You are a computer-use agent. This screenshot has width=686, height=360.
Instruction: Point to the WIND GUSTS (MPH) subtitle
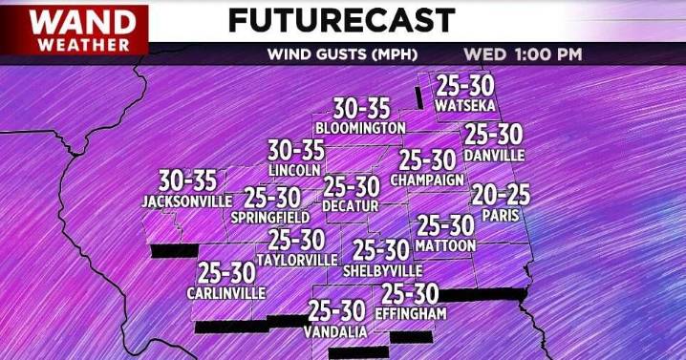pos(332,53)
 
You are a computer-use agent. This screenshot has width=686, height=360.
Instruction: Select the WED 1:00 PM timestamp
pos(523,53)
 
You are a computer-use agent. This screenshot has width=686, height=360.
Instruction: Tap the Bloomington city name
pos(360,127)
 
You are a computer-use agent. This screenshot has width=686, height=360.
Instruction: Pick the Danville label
pos(493,154)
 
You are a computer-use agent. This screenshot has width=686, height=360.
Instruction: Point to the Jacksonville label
pos(186,201)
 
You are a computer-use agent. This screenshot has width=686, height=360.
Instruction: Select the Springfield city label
pos(269,218)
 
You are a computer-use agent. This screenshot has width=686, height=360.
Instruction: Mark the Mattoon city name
pos(445,245)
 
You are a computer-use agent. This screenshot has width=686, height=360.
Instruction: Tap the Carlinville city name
pos(225,292)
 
